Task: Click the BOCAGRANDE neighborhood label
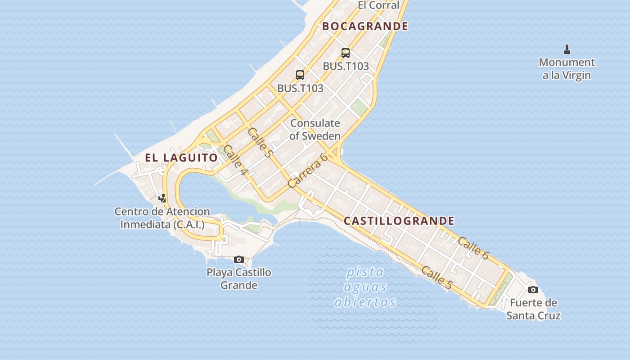pos(365,26)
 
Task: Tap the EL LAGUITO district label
pos(181,157)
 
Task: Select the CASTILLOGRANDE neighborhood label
pos(399,221)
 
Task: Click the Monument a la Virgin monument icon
pos(567,49)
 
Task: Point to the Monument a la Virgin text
pos(567,69)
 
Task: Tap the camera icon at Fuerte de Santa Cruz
pos(533,289)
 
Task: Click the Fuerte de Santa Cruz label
pos(533,309)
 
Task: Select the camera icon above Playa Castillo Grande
pos(239,259)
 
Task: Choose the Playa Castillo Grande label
pos(239,279)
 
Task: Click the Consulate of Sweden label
pos(315,129)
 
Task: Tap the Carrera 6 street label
pos(308,171)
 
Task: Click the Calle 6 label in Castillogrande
pos(473,248)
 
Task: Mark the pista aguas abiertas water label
pos(365,287)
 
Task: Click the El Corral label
pos(378,5)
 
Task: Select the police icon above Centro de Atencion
pos(162,198)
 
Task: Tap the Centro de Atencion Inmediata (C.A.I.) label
pos(162,218)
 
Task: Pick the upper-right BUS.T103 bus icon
pos(346,53)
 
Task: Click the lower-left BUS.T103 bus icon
pos(300,75)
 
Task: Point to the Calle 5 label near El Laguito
pos(260,143)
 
